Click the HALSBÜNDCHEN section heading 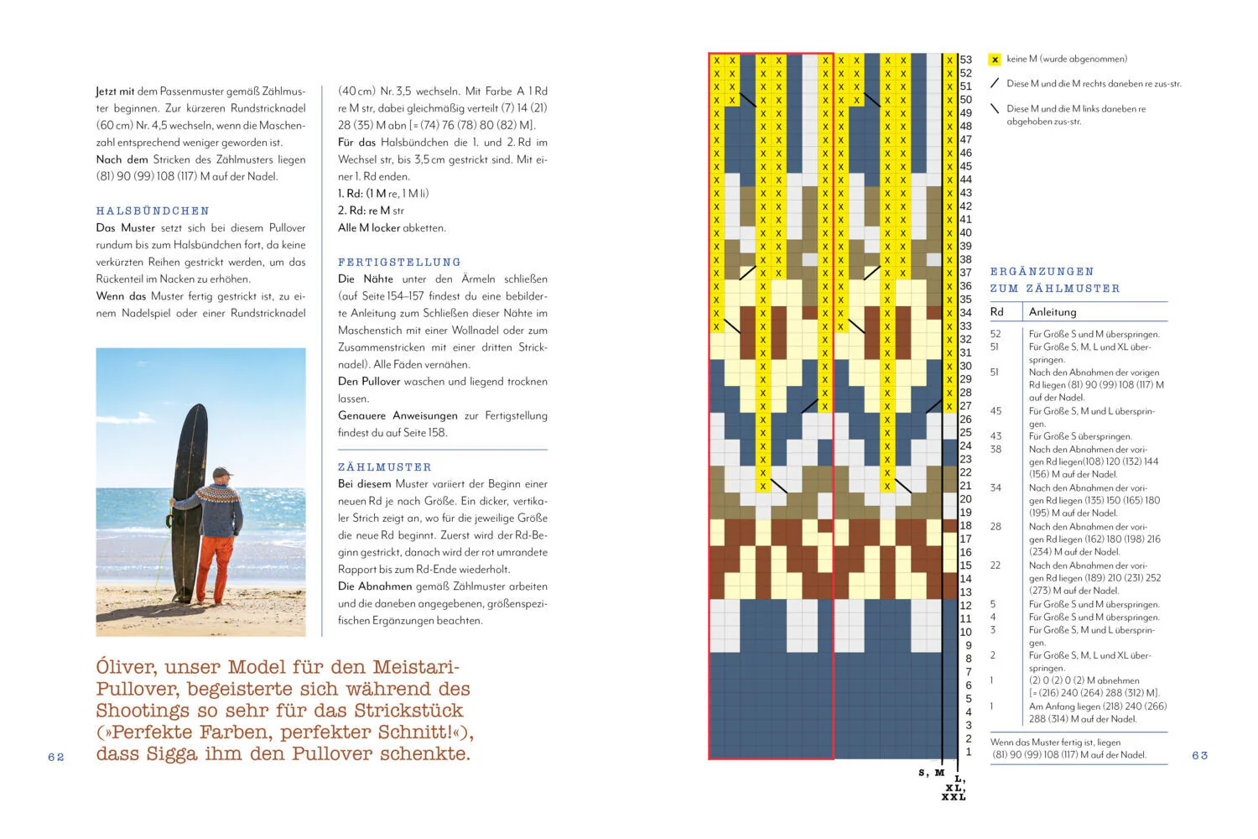[153, 211]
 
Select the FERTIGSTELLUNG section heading [399, 262]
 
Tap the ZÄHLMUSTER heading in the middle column [384, 466]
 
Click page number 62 [56, 757]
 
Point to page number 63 [1199, 755]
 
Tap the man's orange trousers [216, 562]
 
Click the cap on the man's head [221, 473]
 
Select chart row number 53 [966, 60]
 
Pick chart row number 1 [968, 752]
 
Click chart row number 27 [966, 406]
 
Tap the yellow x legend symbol [995, 60]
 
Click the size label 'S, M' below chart [931, 773]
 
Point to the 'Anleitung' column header [1053, 312]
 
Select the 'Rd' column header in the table [996, 312]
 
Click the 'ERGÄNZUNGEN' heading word [1042, 272]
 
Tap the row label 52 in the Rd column [995, 334]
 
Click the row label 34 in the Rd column [995, 487]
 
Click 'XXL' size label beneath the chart [954, 797]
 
